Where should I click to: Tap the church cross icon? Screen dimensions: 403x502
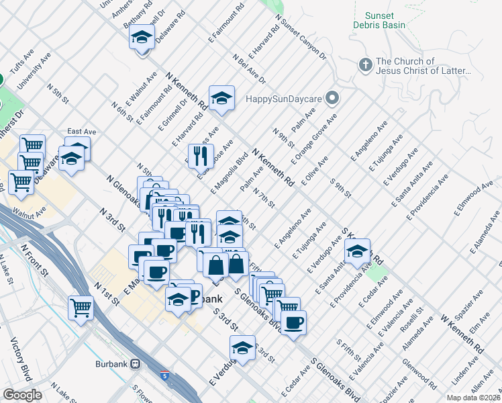click(365, 65)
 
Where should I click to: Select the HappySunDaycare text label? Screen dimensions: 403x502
click(284, 98)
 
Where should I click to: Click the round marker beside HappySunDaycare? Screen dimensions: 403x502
click(330, 98)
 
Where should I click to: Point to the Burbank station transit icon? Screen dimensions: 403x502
click(136, 363)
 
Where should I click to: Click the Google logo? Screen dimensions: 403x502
click(22, 395)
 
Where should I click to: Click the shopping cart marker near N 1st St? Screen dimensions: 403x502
click(81, 308)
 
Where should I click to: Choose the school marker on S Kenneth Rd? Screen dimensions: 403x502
click(357, 252)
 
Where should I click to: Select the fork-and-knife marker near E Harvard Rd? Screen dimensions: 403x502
click(200, 156)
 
